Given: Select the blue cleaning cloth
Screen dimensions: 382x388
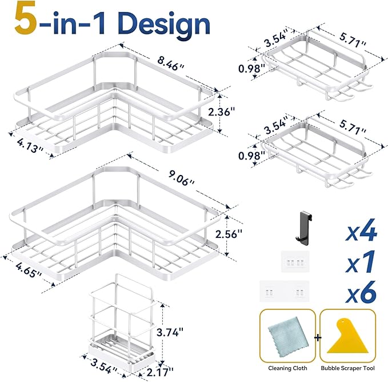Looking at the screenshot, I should pos(286,337).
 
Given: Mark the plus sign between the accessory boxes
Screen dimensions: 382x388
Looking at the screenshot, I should pos(318,337).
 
